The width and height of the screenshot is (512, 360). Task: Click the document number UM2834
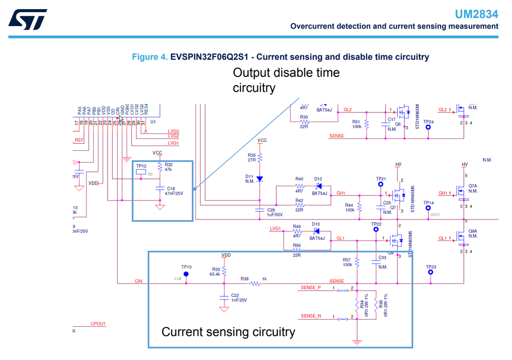pos(476,14)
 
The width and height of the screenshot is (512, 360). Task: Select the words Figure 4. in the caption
pos(150,57)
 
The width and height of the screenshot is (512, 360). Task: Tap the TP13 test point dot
pos(186,274)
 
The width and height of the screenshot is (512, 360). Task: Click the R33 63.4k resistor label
pos(215,271)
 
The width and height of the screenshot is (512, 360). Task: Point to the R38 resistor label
pos(245,279)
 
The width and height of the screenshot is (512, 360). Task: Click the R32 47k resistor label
pos(168,167)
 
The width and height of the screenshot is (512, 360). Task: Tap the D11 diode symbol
pos(259,178)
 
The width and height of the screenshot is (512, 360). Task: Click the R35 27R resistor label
pos(251,157)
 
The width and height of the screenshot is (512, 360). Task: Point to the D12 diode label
pos(318,179)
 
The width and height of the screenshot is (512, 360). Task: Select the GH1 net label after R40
pos(340,193)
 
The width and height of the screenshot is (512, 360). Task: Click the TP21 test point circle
pos(381,184)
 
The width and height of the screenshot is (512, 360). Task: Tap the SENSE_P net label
pos(311,288)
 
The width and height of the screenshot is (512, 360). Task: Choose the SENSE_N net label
pos(311,316)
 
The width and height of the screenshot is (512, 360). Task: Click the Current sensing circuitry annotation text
pos(228,332)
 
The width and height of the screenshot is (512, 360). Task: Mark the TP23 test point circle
pos(431,273)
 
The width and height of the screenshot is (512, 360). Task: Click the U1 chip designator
pos(152,122)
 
